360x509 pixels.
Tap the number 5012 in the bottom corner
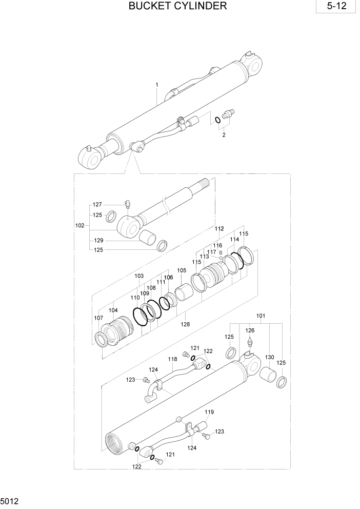point(10,498)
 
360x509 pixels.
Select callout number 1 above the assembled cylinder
point(157,85)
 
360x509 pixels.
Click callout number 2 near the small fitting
point(224,135)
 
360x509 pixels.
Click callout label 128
point(185,324)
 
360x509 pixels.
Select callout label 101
point(261,317)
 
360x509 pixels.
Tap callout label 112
point(219,228)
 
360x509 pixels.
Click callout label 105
point(182,270)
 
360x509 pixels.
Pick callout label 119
point(209,412)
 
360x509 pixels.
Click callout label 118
point(173,360)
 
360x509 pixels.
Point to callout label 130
point(269,357)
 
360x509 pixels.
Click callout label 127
point(97,204)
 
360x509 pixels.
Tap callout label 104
point(113,310)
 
